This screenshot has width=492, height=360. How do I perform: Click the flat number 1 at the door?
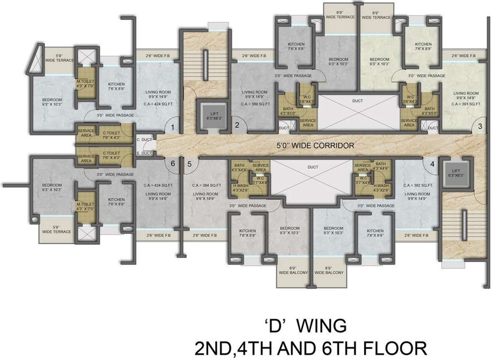pyautogui.click(x=172, y=127)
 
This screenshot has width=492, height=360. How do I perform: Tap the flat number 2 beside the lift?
pyautogui.click(x=237, y=125)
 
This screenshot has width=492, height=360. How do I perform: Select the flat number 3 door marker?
pyautogui.click(x=480, y=126)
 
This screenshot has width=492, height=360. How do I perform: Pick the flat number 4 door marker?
pyautogui.click(x=432, y=164)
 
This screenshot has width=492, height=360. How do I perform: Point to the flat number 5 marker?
pyautogui.click(x=189, y=164)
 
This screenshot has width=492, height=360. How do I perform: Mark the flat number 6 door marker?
pyautogui.click(x=172, y=164)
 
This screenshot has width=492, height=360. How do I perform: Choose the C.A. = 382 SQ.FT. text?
pyautogui.click(x=417, y=185)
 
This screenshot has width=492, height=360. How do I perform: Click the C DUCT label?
pyautogui.click(x=144, y=140)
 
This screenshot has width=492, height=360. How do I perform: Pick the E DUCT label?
pyautogui.click(x=144, y=153)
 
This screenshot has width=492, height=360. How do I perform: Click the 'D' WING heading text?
pyautogui.click(x=305, y=324)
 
